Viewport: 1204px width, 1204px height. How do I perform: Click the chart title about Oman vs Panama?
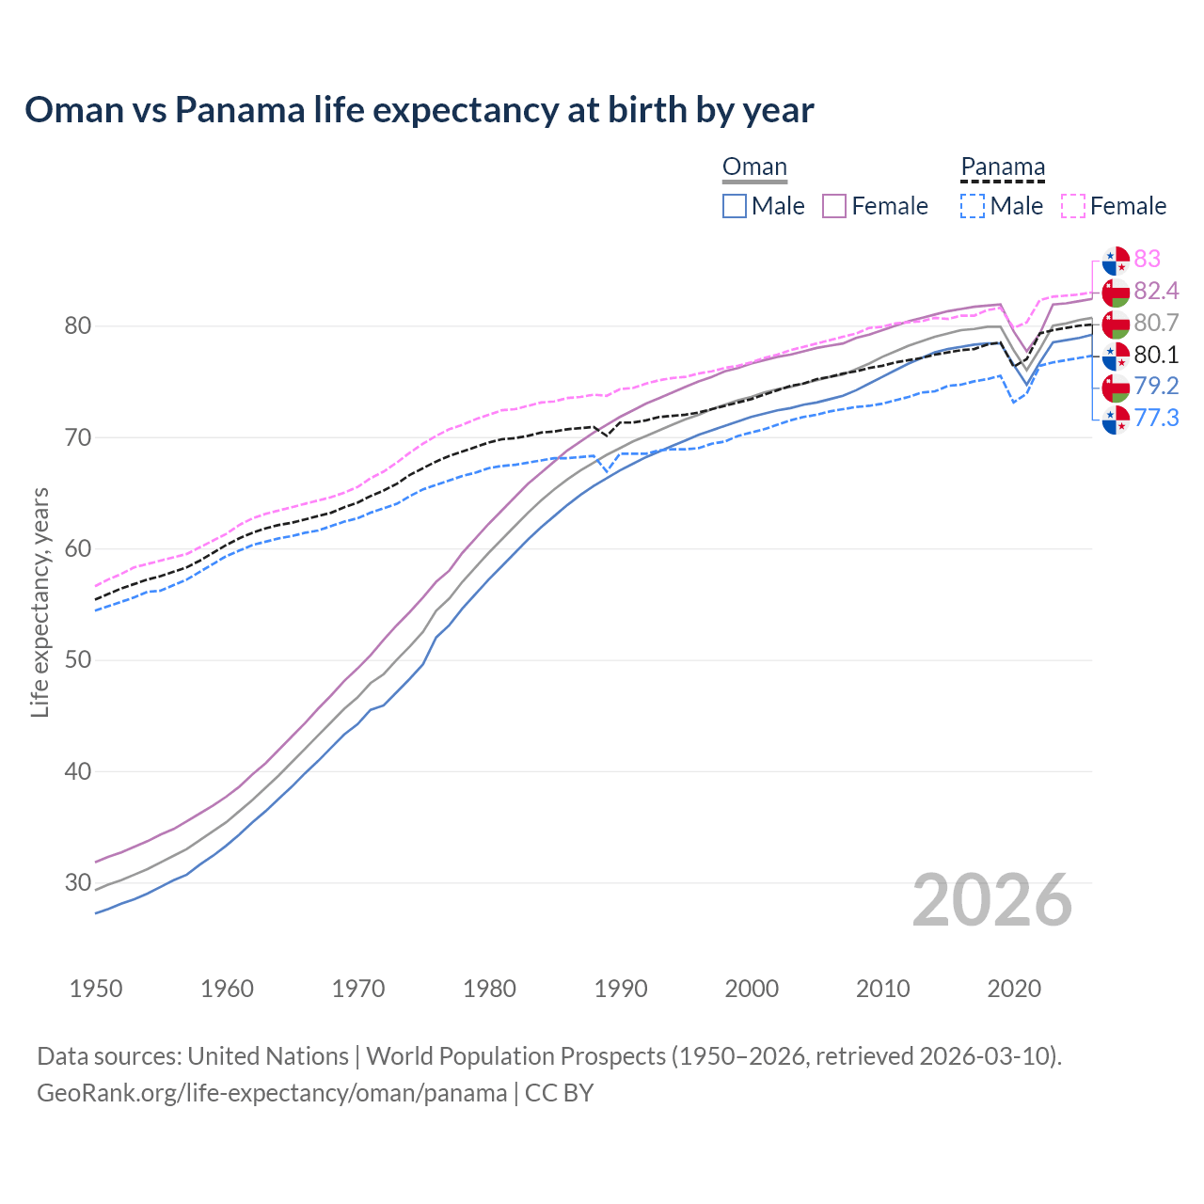click(419, 110)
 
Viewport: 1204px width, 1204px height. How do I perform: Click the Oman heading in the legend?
click(754, 167)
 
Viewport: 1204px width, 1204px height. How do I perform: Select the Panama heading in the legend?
click(1003, 167)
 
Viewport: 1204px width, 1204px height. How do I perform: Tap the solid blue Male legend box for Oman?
click(735, 206)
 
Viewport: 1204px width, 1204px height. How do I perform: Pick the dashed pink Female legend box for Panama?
click(1073, 206)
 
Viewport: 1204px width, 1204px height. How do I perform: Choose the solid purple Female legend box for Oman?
click(834, 206)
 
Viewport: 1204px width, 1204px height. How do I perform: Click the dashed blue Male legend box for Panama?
click(974, 206)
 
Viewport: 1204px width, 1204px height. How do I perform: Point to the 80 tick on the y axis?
click(77, 326)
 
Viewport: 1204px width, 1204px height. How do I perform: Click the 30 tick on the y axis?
click(77, 883)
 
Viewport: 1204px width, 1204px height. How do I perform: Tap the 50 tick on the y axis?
click(77, 660)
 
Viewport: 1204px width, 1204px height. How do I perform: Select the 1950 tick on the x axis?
click(96, 989)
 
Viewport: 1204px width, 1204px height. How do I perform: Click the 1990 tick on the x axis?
click(621, 989)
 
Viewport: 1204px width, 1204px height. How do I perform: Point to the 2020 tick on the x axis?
click(1014, 989)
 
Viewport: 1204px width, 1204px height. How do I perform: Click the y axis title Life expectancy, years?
click(40, 602)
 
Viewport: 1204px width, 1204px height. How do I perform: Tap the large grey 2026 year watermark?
click(991, 900)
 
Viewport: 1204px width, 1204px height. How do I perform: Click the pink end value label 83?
click(1147, 259)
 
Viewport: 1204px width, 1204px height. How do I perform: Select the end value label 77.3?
click(1156, 418)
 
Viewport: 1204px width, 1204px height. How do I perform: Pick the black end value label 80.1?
click(1156, 355)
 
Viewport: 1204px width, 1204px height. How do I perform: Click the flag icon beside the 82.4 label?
click(1116, 292)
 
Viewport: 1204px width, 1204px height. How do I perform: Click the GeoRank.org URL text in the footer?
click(272, 1093)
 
